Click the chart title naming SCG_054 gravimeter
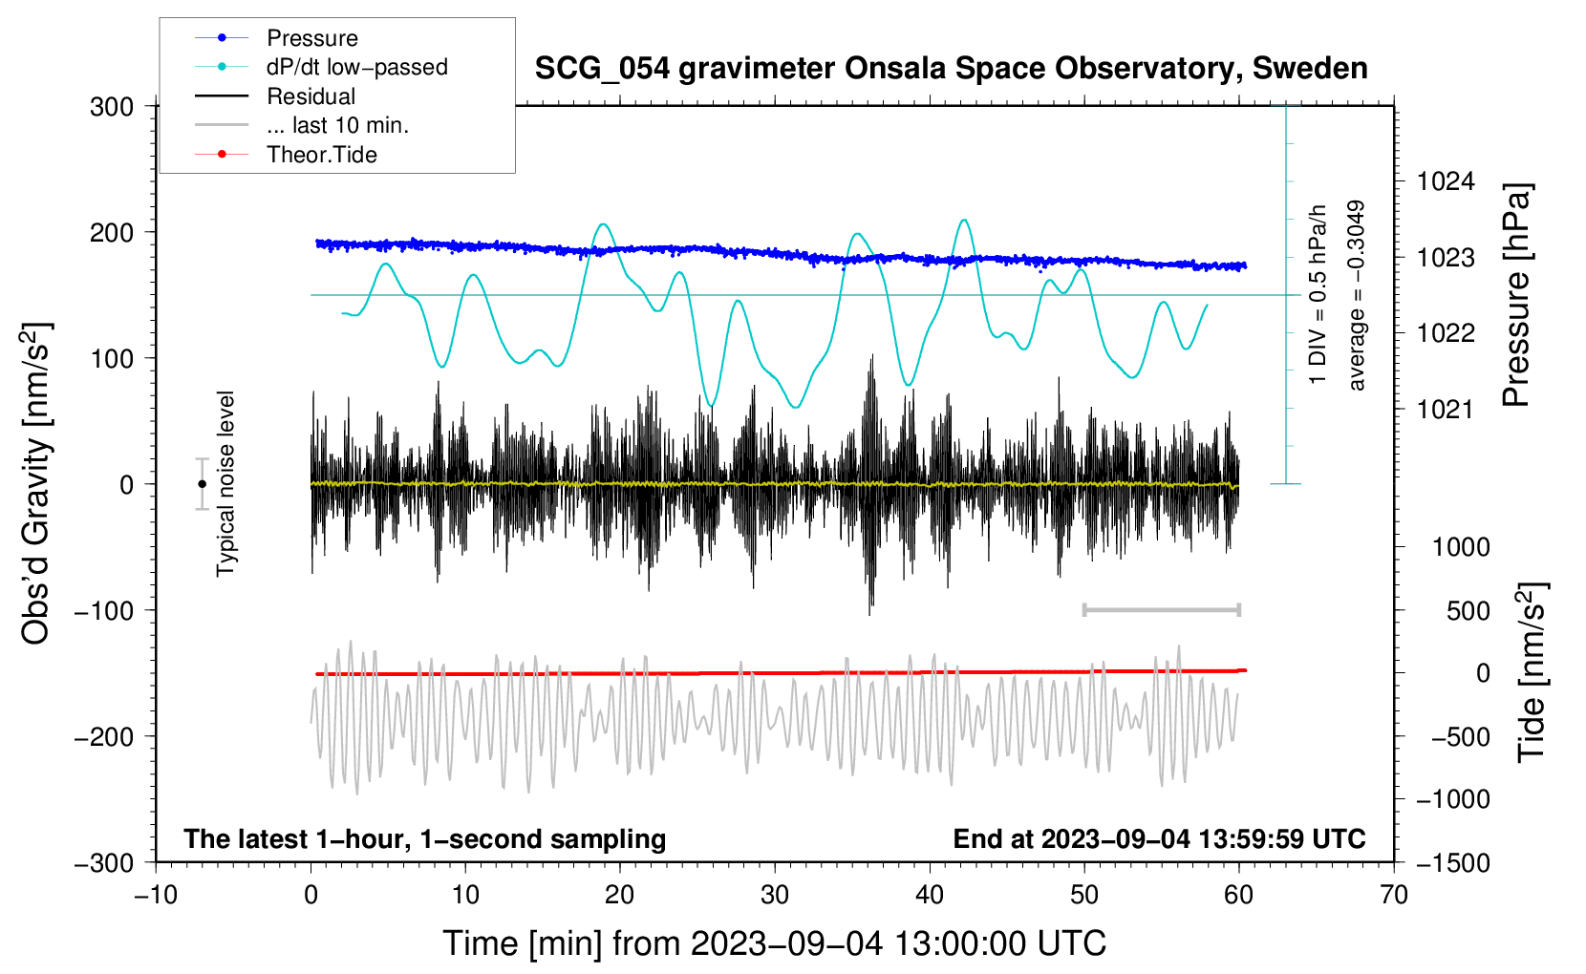pyautogui.click(x=951, y=69)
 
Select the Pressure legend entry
pyautogui.click(x=276, y=37)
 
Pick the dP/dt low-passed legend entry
pyautogui.click(x=321, y=67)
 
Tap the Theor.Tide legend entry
pyautogui.click(x=286, y=155)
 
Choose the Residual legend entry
pyautogui.click(x=275, y=96)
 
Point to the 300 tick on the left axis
pyautogui.click(x=112, y=107)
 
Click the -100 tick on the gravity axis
pyautogui.click(x=104, y=611)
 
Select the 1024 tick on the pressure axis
pyautogui.click(x=1446, y=182)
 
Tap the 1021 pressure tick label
pyautogui.click(x=1446, y=409)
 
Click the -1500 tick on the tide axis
pyautogui.click(x=1453, y=863)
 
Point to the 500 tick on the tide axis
pyautogui.click(x=1468, y=611)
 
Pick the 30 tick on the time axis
pyautogui.click(x=775, y=896)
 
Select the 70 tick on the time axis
pyautogui.click(x=1393, y=896)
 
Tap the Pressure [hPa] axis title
pyautogui.click(x=1516, y=295)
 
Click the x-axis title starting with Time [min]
pyautogui.click(x=775, y=943)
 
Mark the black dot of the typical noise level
pyautogui.click(x=202, y=484)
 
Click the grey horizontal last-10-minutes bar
pyautogui.click(x=1161, y=610)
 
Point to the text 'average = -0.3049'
pyautogui.click(x=1355, y=295)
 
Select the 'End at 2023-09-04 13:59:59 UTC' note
pyautogui.click(x=1159, y=838)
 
